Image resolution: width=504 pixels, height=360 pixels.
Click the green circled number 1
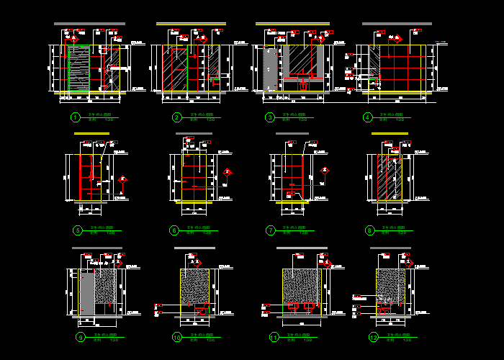[75, 117]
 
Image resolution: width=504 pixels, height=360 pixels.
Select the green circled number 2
[176, 117]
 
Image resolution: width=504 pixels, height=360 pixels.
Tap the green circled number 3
[269, 117]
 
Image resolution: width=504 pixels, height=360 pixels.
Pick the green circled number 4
[367, 117]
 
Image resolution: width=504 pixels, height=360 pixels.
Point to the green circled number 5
[78, 230]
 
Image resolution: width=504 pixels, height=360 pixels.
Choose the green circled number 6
[174, 230]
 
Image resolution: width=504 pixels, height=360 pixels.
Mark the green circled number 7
[271, 230]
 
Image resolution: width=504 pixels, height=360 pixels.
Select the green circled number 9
[80, 337]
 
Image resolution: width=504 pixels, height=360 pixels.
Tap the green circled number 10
[176, 337]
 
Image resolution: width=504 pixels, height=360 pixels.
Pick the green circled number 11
[274, 337]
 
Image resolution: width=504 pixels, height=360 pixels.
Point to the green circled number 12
[373, 337]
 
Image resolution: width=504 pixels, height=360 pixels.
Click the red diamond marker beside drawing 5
[124, 179]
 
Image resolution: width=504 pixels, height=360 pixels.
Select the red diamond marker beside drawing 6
[228, 172]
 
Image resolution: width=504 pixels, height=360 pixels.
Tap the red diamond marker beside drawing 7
[325, 171]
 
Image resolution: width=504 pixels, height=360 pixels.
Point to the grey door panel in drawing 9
[86, 292]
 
